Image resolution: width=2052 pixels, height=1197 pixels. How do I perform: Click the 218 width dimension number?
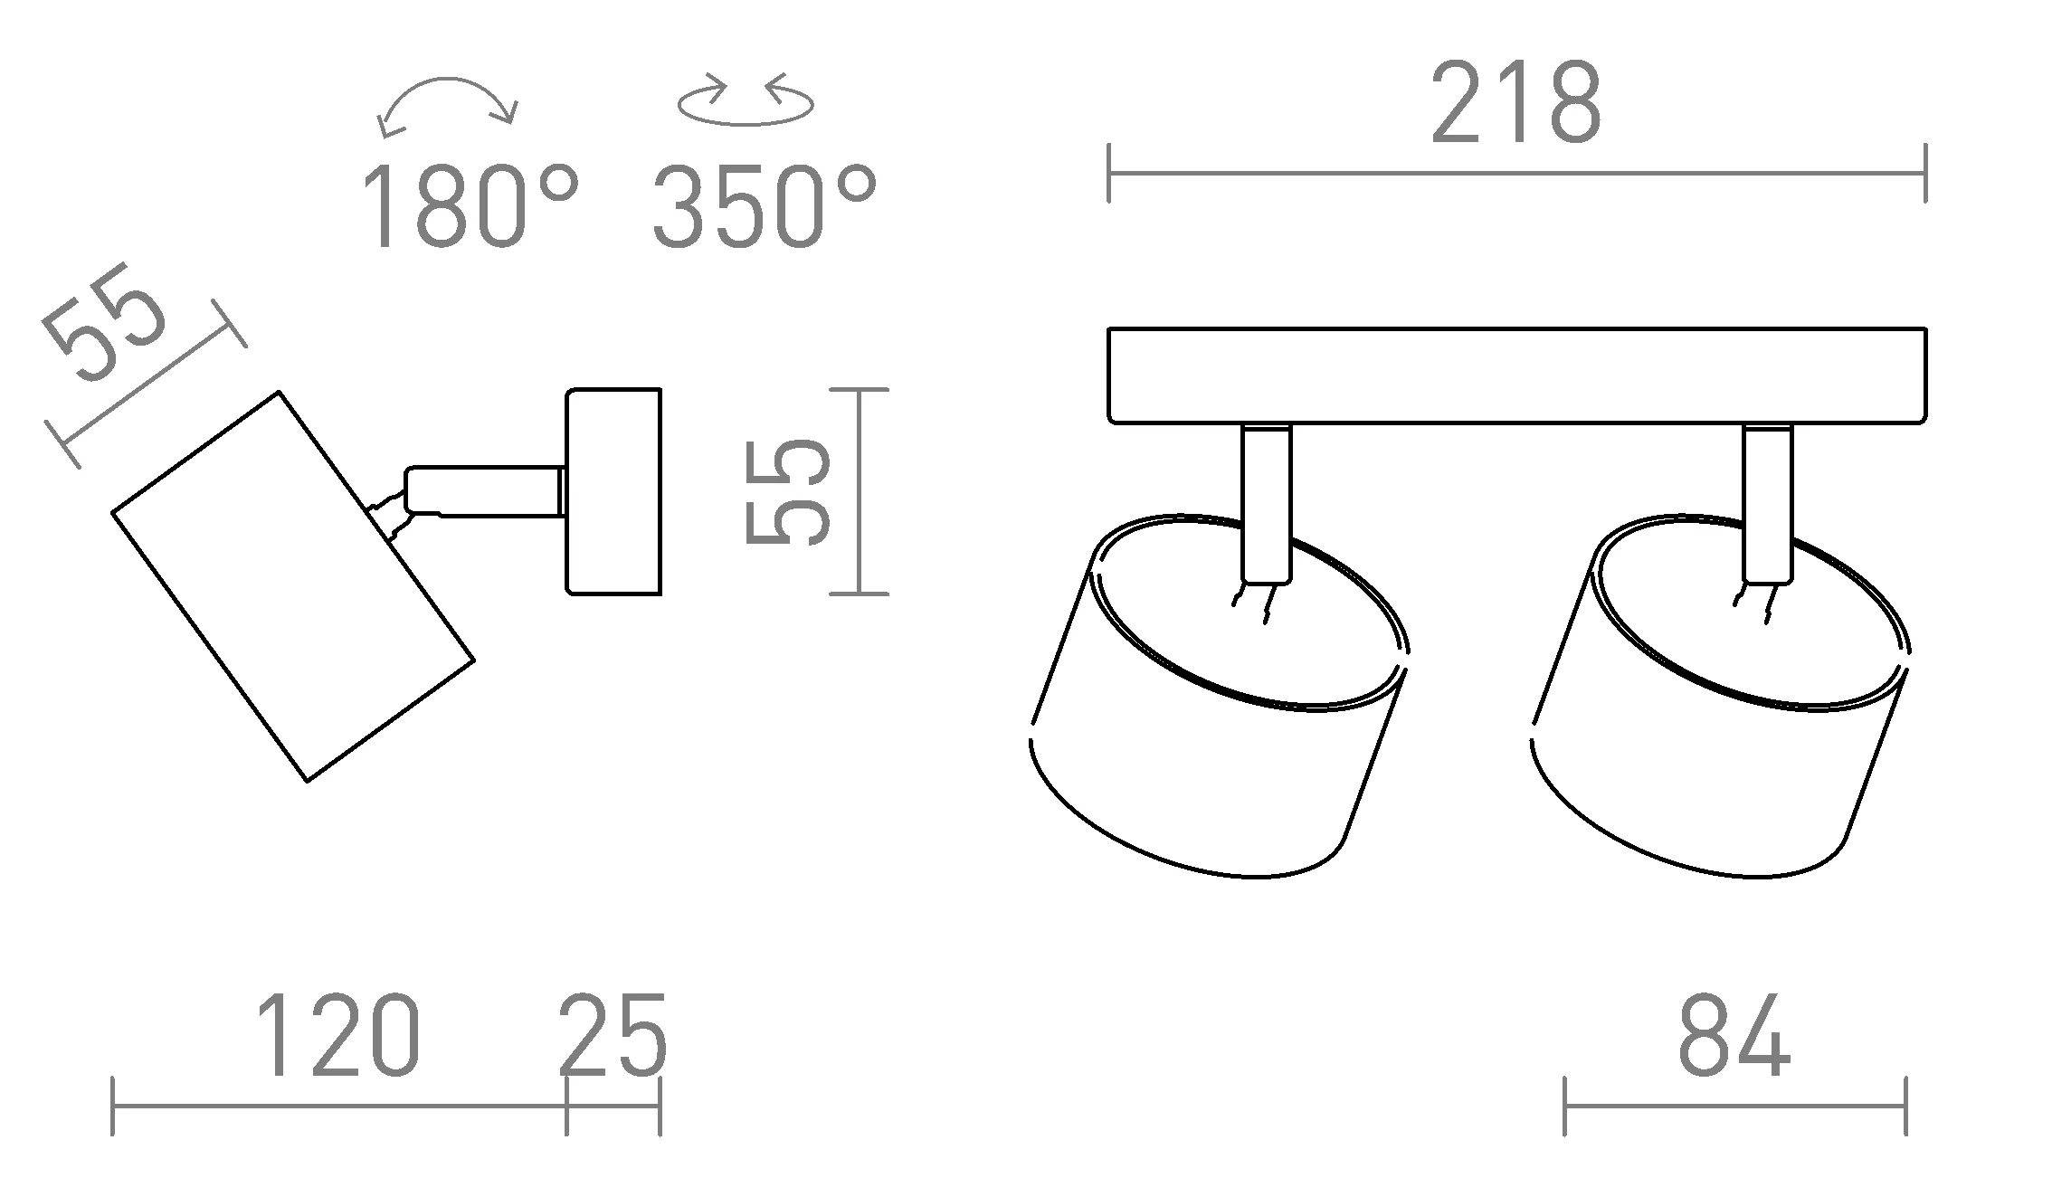tap(1515, 103)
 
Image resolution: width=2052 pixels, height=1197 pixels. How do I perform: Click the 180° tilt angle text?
tap(470, 205)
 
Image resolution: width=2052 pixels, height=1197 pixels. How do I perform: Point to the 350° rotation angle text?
tap(765, 205)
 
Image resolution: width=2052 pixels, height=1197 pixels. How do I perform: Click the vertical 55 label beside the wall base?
tap(787, 491)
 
